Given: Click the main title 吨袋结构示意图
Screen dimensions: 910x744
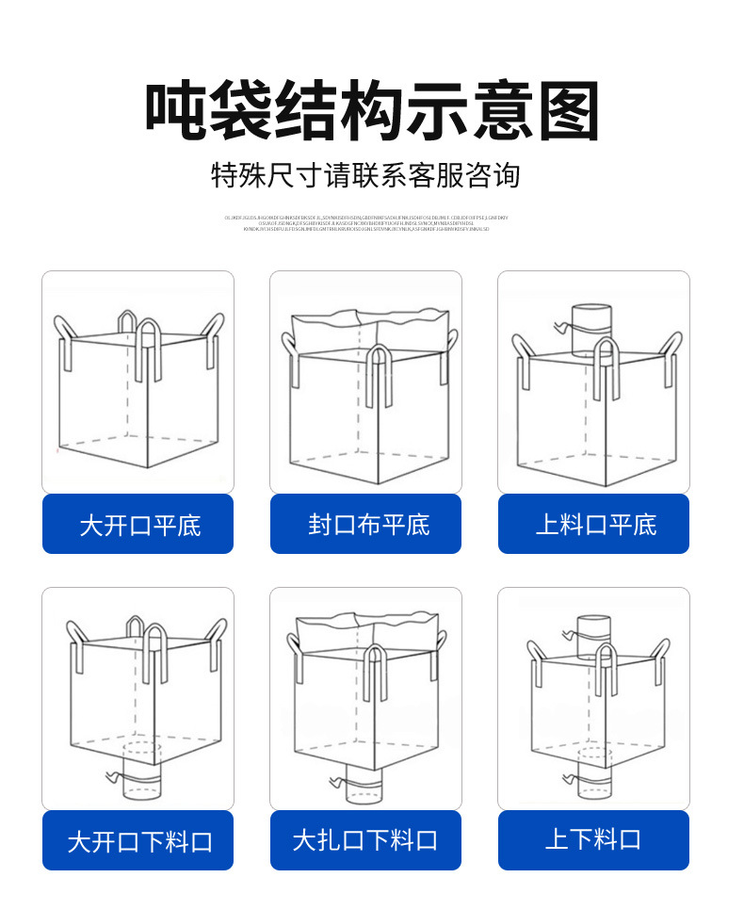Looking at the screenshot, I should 372,111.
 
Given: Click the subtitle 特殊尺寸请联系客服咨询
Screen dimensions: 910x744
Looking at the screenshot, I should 365,175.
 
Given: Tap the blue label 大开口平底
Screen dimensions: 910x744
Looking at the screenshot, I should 138,525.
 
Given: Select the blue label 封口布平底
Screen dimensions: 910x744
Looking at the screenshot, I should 366,524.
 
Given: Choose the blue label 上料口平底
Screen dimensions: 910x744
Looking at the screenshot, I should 594,524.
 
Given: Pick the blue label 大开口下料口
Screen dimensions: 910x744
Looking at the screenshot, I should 138,841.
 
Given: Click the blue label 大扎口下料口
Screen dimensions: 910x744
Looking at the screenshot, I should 366,840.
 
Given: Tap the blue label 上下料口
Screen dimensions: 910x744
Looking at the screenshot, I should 594,839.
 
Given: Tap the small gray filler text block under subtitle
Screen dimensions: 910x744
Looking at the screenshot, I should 365,223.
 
